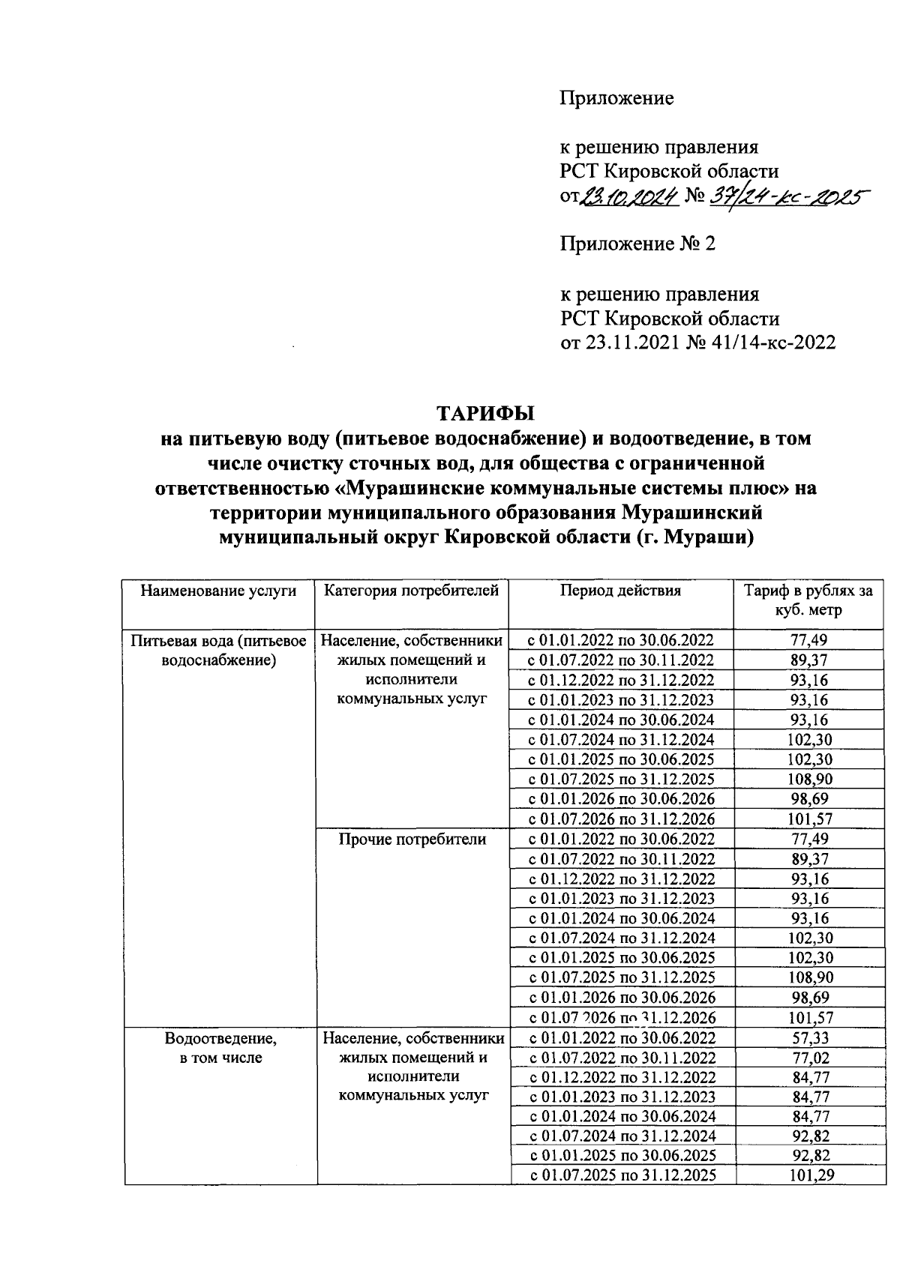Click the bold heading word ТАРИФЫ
click(x=486, y=413)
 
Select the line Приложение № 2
click(x=637, y=244)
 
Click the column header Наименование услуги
click(x=218, y=591)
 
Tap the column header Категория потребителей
click(x=411, y=591)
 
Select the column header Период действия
click(x=620, y=591)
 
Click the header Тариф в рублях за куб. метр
click(x=808, y=600)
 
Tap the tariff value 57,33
click(x=810, y=1038)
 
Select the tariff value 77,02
click(x=810, y=1058)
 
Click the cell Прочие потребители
click(x=412, y=840)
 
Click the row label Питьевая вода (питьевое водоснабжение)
click(x=218, y=650)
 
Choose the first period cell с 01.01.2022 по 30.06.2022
click(x=620, y=640)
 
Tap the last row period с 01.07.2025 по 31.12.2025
click(x=622, y=1175)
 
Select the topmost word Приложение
click(x=616, y=98)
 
